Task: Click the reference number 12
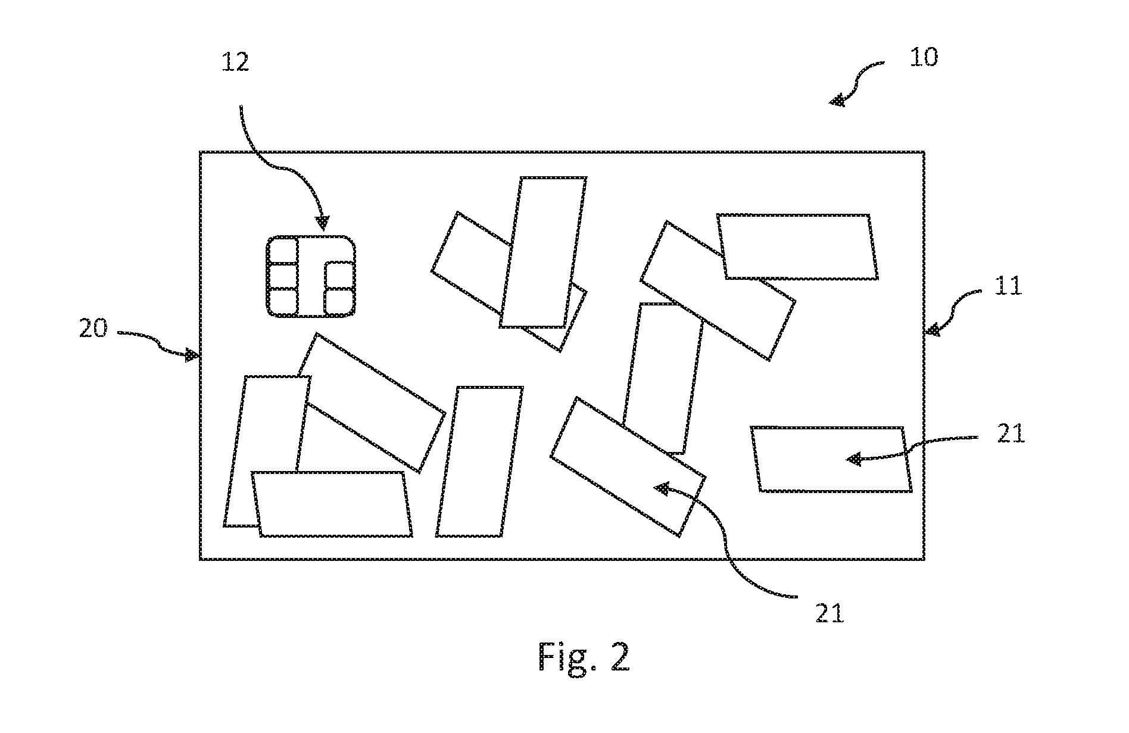point(235,62)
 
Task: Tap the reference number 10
point(924,57)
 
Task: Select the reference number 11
point(1008,286)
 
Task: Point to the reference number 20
point(93,328)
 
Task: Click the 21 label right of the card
point(1011,433)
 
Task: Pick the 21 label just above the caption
point(830,613)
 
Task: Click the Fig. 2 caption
point(584,657)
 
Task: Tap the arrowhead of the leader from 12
point(322,222)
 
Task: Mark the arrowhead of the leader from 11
point(932,329)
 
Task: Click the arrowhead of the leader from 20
point(192,355)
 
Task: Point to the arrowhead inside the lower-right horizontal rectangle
point(854,459)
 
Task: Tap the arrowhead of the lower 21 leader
point(662,488)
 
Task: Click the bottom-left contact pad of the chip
point(283,302)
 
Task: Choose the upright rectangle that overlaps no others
point(480,461)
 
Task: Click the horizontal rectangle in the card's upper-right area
point(798,247)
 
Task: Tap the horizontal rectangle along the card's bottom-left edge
point(332,504)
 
